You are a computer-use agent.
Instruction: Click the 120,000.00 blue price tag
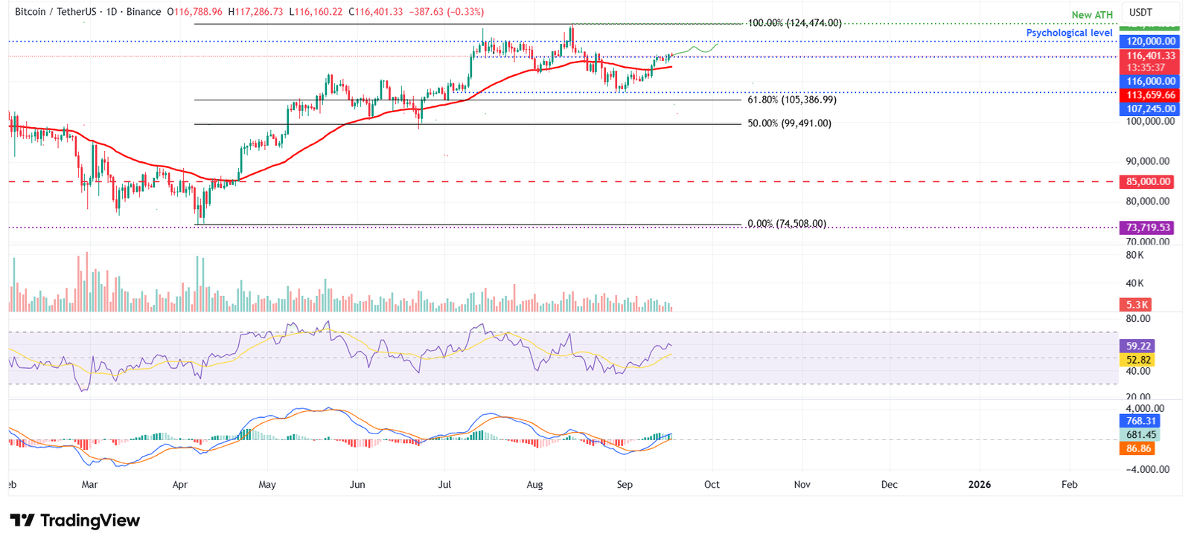[x=1150, y=42]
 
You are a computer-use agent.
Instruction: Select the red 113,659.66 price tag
[x=1150, y=95]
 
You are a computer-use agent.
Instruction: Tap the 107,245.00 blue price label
[x=1150, y=109]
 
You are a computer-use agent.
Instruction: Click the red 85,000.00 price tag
[x=1148, y=181]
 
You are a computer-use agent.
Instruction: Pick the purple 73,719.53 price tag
[x=1147, y=228]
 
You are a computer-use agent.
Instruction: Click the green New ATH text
[x=1091, y=15]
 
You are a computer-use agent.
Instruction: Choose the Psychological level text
[x=1069, y=33]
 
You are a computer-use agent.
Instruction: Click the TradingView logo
[x=74, y=520]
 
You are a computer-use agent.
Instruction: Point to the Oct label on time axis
[x=712, y=485]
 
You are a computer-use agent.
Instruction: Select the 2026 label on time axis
[x=979, y=485]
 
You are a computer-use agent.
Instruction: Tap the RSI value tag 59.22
[x=1138, y=346]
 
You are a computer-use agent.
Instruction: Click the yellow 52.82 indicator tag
[x=1138, y=360]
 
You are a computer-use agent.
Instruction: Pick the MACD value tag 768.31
[x=1140, y=421]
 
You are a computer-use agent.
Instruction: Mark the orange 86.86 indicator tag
[x=1138, y=448]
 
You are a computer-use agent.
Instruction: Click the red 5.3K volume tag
[x=1137, y=305]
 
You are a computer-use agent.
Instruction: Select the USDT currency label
[x=1140, y=13]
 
